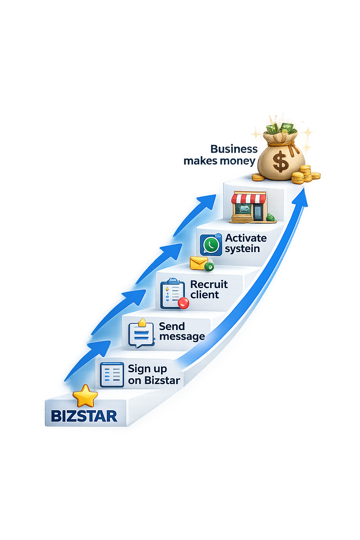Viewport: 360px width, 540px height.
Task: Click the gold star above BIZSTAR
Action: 85,396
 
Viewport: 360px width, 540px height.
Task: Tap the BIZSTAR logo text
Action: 84,416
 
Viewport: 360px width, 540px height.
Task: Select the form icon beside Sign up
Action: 112,375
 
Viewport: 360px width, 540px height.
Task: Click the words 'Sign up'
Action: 147,369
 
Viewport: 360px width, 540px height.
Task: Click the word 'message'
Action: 182,336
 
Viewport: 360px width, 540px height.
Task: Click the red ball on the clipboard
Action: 183,303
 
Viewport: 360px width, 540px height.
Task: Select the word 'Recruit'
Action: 209,284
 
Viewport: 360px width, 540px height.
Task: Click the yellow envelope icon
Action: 199,263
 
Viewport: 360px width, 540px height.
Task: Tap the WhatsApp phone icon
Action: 211,245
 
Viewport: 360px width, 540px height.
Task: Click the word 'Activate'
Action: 246,238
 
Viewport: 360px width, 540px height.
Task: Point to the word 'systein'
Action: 242,249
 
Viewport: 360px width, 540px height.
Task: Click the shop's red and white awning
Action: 249,198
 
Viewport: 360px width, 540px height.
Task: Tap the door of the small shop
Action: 258,212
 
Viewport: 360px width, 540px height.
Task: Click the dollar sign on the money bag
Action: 281,162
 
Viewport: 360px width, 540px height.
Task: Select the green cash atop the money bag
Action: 281,128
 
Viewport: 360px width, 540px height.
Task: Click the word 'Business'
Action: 234,149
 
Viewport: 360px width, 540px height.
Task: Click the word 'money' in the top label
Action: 237,161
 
